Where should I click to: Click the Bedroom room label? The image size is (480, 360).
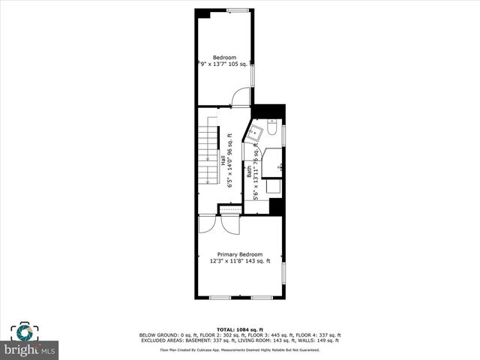224,58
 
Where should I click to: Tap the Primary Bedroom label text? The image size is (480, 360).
240,254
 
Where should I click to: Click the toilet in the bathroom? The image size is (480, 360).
272,130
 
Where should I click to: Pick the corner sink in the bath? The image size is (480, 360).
256,133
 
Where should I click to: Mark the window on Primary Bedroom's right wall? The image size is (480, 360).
283,274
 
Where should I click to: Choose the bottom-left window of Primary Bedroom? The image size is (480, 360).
220,298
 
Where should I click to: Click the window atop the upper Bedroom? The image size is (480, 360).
238,10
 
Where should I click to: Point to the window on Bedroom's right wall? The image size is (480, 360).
253,75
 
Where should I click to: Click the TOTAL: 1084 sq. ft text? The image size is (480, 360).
240,330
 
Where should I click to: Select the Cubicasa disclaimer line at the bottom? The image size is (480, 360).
240,349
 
